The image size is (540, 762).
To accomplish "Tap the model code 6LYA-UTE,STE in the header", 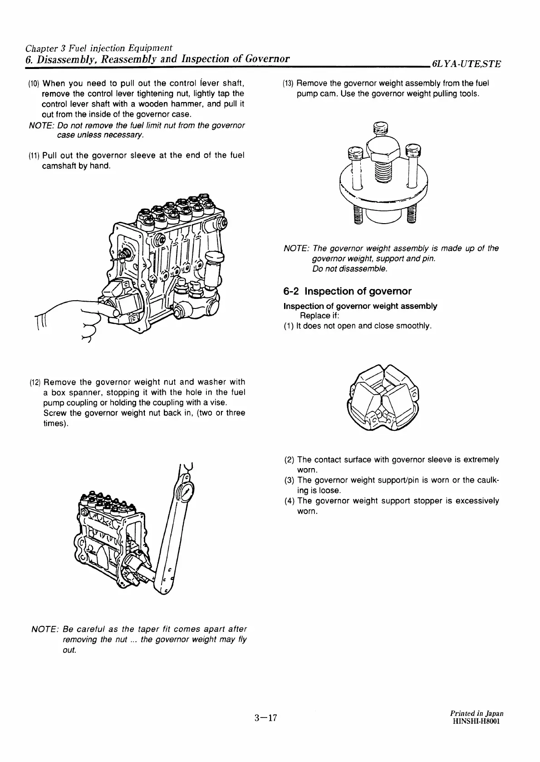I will point(466,64).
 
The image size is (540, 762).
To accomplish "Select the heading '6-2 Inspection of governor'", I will point(347,291).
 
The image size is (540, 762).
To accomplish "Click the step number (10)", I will point(34,84).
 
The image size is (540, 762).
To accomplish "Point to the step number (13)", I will point(289,84).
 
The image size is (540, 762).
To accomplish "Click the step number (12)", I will point(34,382).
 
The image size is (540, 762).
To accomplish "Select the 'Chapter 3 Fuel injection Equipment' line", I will point(99,48).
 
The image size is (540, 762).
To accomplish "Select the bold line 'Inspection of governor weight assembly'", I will point(360,306).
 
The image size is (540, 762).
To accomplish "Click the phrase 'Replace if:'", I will point(319,316).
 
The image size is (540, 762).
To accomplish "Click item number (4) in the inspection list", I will point(290,501).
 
